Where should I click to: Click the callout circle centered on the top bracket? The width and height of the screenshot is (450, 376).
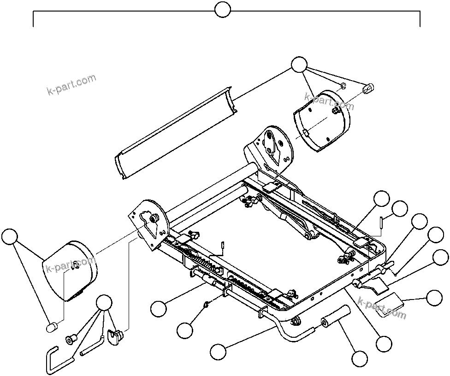click(x=223, y=10)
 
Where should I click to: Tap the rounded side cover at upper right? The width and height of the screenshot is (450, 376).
click(x=322, y=121)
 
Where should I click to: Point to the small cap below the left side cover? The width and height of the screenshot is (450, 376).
click(x=52, y=327)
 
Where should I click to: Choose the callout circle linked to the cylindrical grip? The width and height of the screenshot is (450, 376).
click(x=360, y=358)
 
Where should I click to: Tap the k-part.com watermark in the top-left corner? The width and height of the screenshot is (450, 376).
click(x=71, y=84)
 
